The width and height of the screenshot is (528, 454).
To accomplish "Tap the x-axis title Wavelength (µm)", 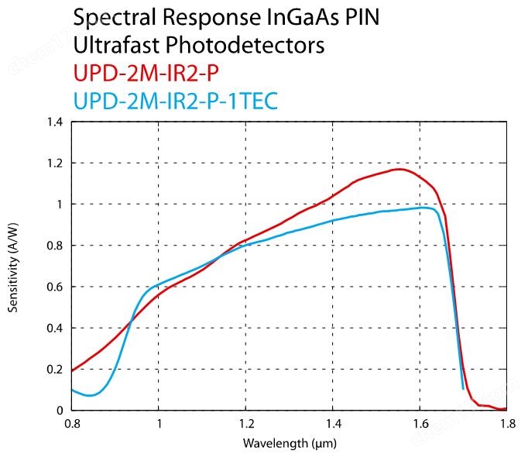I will (x=287, y=443).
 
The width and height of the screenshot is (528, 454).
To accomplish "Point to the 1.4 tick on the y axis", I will (x=55, y=122).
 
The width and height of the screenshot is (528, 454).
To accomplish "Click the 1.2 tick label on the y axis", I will (x=55, y=163).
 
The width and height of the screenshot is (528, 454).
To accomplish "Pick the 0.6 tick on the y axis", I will (x=55, y=287).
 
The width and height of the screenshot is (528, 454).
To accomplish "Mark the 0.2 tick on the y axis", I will (x=55, y=369).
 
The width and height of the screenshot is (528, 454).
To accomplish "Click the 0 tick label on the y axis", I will (x=59, y=410).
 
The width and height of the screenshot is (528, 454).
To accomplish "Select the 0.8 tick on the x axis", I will (x=71, y=424).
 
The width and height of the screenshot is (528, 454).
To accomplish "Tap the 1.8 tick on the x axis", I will (x=506, y=424).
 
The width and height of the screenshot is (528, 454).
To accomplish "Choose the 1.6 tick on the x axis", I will (x=419, y=424).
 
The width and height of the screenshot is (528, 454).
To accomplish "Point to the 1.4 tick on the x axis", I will (x=332, y=424).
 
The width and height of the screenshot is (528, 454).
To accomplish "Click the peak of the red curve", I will (x=399, y=169).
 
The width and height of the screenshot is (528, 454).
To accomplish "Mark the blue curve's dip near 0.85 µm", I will (x=91, y=396).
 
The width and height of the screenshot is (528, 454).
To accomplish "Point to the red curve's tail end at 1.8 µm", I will (x=505, y=408).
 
